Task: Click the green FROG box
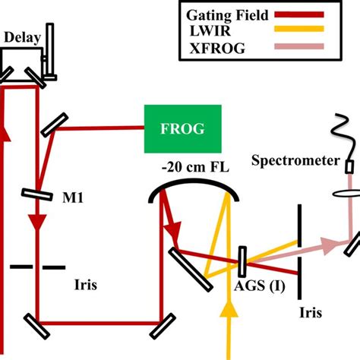[x=183, y=127]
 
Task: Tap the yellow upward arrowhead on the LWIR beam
[x=225, y=310]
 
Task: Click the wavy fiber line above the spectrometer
[x=343, y=133]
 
